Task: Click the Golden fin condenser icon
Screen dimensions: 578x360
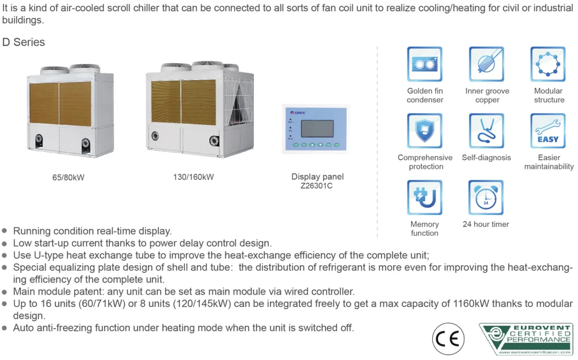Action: tap(425, 64)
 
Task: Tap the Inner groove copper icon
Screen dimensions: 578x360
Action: tap(486, 64)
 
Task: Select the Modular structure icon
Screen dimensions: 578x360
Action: tap(548, 64)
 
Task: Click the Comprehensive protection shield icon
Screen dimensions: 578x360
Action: tap(425, 131)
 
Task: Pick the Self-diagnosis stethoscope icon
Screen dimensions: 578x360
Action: tap(486, 131)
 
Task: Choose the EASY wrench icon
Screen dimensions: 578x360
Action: tap(548, 131)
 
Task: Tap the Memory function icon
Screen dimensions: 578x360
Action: tap(425, 198)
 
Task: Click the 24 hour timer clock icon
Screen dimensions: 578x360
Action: tap(486, 198)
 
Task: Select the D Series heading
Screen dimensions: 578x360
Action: tap(24, 42)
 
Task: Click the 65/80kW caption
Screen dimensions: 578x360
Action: tap(68, 178)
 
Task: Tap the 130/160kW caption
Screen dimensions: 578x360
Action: tap(193, 177)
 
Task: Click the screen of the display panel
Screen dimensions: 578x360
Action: tap(317, 129)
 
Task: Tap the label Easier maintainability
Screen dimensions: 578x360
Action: tap(549, 162)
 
